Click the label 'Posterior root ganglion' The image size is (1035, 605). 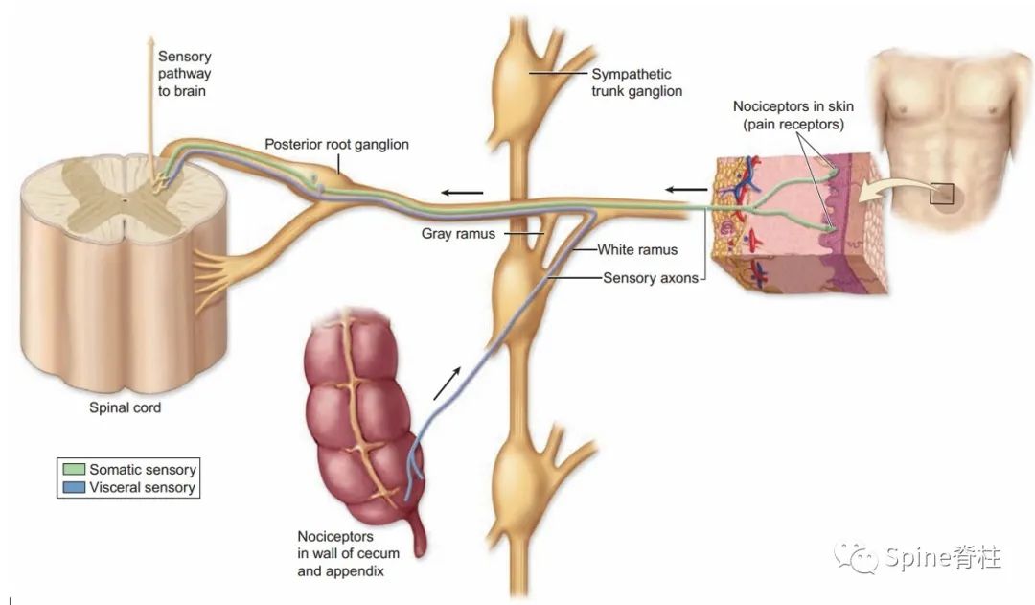(x=336, y=145)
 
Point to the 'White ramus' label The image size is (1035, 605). (x=637, y=250)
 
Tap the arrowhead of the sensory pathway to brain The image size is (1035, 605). (x=149, y=43)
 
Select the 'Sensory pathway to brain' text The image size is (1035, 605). (x=184, y=74)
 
